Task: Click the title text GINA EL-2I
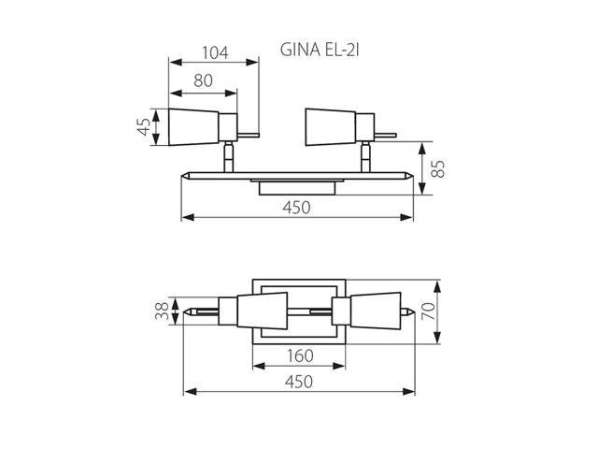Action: pyautogui.click(x=320, y=50)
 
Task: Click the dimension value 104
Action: pyautogui.click(x=215, y=53)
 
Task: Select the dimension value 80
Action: pyautogui.click(x=203, y=80)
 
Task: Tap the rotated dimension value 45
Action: pyautogui.click(x=144, y=127)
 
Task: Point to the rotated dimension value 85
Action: pyautogui.click(x=438, y=168)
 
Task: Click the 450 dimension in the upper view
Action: pyautogui.click(x=296, y=208)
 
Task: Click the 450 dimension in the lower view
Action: pyautogui.click(x=299, y=382)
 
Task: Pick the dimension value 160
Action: pyautogui.click(x=300, y=355)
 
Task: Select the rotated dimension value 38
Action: pyautogui.click(x=162, y=311)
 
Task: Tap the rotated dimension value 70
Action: pyautogui.click(x=428, y=311)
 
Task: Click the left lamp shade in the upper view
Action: pyautogui.click(x=193, y=127)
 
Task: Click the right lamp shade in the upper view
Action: pyautogui.click(x=331, y=127)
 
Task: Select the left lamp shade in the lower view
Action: pyautogui.click(x=262, y=311)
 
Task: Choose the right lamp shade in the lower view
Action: pyautogui.click(x=376, y=311)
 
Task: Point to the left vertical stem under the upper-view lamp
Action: pyautogui.click(x=228, y=157)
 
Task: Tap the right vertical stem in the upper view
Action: pyautogui.click(x=365, y=157)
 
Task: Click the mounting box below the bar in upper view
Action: pyautogui.click(x=297, y=189)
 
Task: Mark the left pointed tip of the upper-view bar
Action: pyautogui.click(x=181, y=176)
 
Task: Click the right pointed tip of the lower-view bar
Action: pyautogui.click(x=413, y=311)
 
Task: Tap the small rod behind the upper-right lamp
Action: pyautogui.click(x=385, y=135)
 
